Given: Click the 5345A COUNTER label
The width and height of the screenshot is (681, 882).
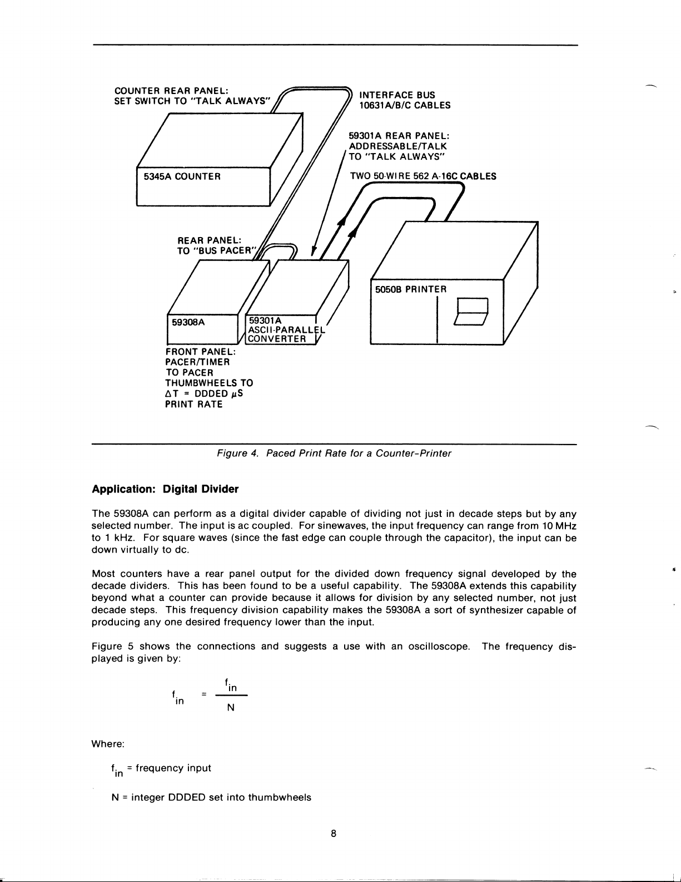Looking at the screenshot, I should click(182, 176).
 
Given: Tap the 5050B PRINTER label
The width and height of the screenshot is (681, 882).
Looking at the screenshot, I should click(411, 289).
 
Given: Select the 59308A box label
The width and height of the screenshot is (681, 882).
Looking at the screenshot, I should click(187, 322).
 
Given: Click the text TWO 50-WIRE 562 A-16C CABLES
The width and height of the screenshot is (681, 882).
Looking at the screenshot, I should click(422, 176).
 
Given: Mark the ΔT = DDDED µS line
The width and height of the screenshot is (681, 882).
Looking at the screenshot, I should click(204, 393).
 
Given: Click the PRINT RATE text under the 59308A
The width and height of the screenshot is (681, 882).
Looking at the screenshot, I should click(193, 404).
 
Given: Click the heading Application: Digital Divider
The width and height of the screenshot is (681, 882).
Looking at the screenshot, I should click(165, 489).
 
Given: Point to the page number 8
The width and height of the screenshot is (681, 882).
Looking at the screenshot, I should click(333, 834).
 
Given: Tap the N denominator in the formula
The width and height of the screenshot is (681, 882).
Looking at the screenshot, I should click(231, 708).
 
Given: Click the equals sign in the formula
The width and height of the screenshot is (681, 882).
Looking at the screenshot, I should click(205, 694).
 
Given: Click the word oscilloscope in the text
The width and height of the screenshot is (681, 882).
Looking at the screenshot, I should click(440, 647).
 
